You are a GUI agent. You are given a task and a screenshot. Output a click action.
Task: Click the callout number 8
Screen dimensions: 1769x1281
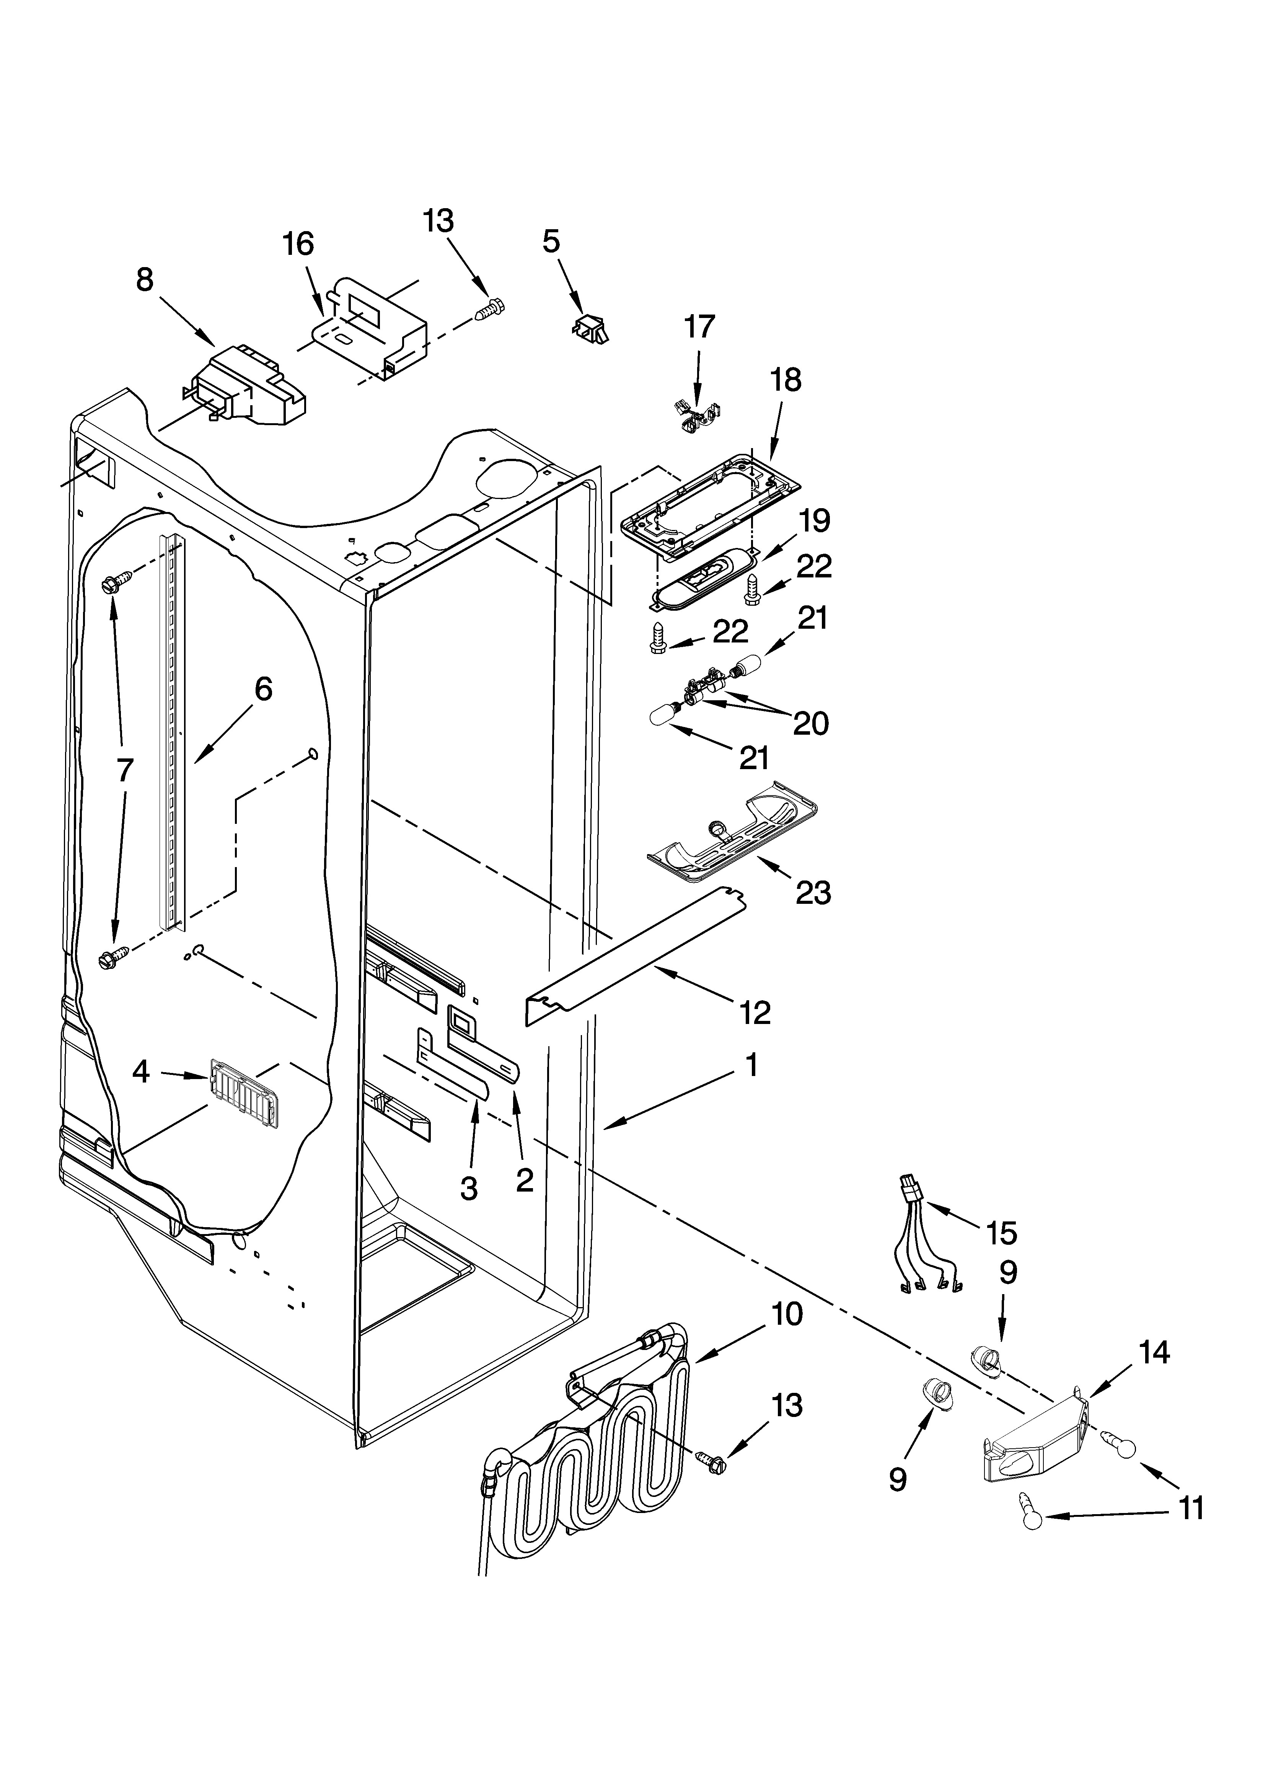tap(145, 280)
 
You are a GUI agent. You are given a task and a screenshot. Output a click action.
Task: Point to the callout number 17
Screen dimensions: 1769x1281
tap(699, 327)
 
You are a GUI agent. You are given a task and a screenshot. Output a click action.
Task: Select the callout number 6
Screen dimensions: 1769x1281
tap(264, 689)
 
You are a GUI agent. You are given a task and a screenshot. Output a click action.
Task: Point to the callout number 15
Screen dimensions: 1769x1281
tap(1001, 1233)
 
